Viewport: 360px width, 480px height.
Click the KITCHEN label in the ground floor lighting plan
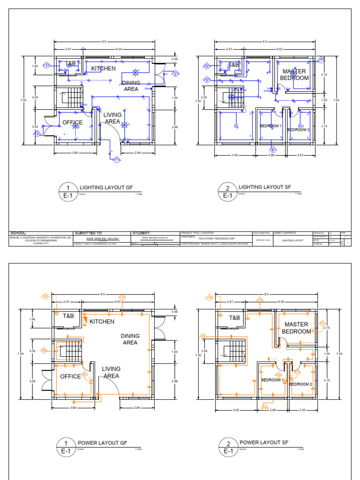coord(103,68)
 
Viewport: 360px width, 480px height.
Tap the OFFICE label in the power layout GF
coord(70,376)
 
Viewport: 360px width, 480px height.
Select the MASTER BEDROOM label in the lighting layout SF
coord(294,75)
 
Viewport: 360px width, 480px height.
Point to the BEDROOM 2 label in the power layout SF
coord(299,384)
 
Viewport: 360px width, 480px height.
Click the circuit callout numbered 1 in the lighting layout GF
coord(116,161)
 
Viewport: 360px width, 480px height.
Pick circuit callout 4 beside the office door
coord(37,134)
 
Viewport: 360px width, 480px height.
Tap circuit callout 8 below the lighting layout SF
coord(272,150)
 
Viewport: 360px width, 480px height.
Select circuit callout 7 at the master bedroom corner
coord(321,60)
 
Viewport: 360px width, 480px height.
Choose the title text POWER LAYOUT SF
coord(264,442)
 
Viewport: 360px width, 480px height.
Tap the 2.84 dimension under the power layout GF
coord(137,408)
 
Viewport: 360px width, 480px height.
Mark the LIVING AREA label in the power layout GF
coord(111,372)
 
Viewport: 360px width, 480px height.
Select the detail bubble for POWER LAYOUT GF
coord(66,447)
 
